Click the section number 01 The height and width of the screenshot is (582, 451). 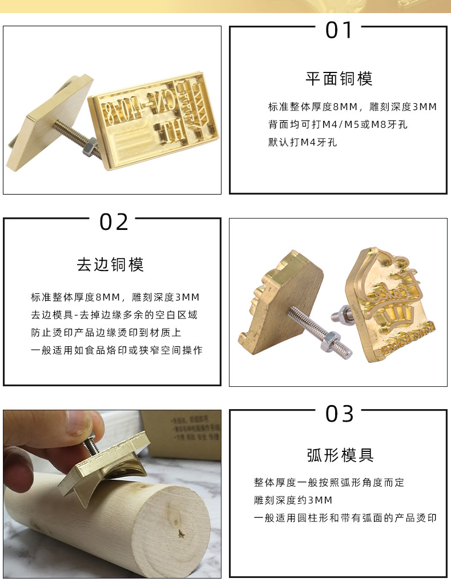pyautogui.click(x=339, y=30)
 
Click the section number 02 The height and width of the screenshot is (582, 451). pyautogui.click(x=114, y=222)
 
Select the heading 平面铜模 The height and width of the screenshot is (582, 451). pyautogui.click(x=339, y=78)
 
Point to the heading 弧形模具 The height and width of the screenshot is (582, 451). pyautogui.click(x=340, y=455)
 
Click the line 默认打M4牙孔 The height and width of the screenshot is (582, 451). pyautogui.click(x=303, y=142)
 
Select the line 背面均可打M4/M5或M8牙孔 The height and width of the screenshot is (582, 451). pyautogui.click(x=338, y=124)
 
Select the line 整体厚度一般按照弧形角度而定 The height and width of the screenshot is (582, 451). pyautogui.click(x=329, y=483)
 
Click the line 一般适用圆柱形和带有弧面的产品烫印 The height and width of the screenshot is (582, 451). pyautogui.click(x=345, y=518)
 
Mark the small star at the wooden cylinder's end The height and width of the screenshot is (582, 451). pyautogui.click(x=182, y=534)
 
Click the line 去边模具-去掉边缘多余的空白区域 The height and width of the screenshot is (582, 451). pyautogui.click(x=114, y=315)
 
